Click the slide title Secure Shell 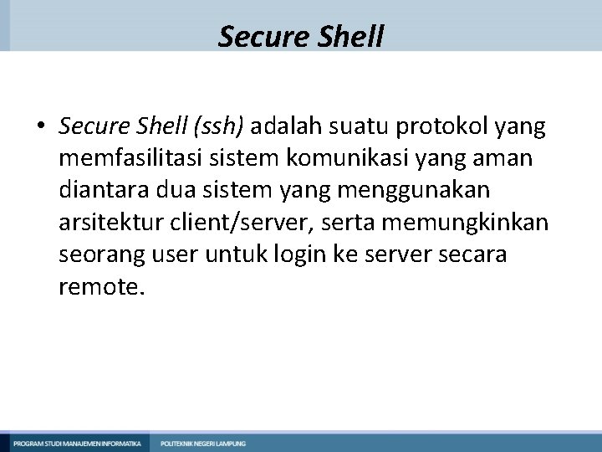(301, 37)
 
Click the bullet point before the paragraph (40, 127)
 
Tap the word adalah (284, 126)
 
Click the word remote (102, 289)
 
